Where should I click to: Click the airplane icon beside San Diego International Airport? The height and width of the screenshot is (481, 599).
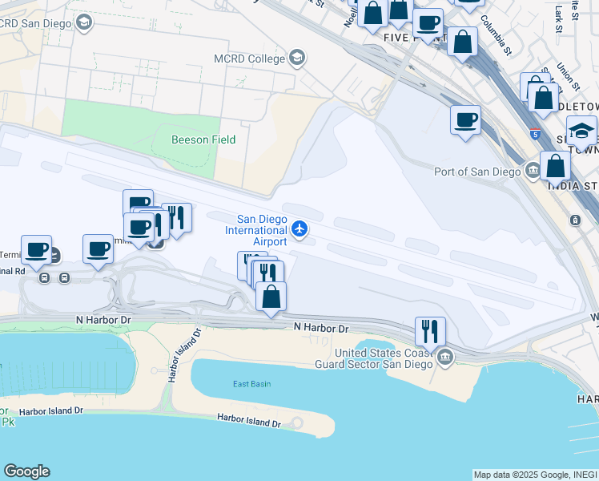pyautogui.click(x=299, y=230)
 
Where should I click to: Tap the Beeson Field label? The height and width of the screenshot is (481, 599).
pyautogui.click(x=203, y=139)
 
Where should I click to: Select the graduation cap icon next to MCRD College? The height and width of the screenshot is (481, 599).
pyautogui.click(x=297, y=58)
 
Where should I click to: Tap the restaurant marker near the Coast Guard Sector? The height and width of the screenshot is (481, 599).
pyautogui.click(x=430, y=330)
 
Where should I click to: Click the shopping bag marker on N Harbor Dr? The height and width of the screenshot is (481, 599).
pyautogui.click(x=271, y=297)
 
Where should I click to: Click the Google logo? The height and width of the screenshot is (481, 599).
pyautogui.click(x=26, y=471)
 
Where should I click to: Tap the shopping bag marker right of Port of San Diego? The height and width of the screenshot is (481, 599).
pyautogui.click(x=555, y=167)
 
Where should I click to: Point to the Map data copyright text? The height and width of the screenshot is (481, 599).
pyautogui.click(x=535, y=475)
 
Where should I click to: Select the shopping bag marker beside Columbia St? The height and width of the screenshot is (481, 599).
pyautogui.click(x=462, y=42)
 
